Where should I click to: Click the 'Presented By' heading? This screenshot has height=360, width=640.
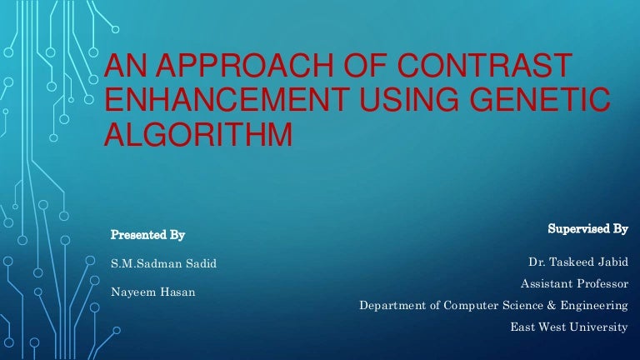[x=147, y=234]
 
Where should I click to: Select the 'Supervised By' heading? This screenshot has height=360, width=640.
[x=587, y=227]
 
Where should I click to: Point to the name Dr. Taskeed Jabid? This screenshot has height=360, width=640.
[x=577, y=263]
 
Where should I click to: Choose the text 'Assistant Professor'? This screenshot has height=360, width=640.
[x=573, y=284]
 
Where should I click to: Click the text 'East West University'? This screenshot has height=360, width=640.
[x=569, y=327]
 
